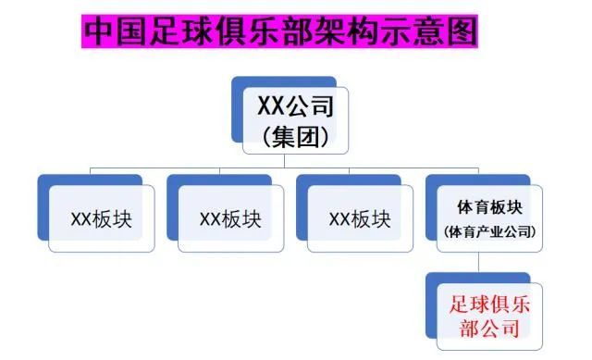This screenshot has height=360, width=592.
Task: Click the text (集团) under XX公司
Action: (x=295, y=137)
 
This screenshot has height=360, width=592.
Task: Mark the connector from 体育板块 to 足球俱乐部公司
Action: (x=477, y=263)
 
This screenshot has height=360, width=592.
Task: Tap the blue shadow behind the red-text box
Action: (x=431, y=315)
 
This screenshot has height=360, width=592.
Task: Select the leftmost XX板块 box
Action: (x=102, y=219)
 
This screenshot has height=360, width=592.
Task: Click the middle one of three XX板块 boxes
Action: (x=230, y=219)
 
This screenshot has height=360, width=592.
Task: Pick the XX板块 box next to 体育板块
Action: (x=360, y=219)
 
